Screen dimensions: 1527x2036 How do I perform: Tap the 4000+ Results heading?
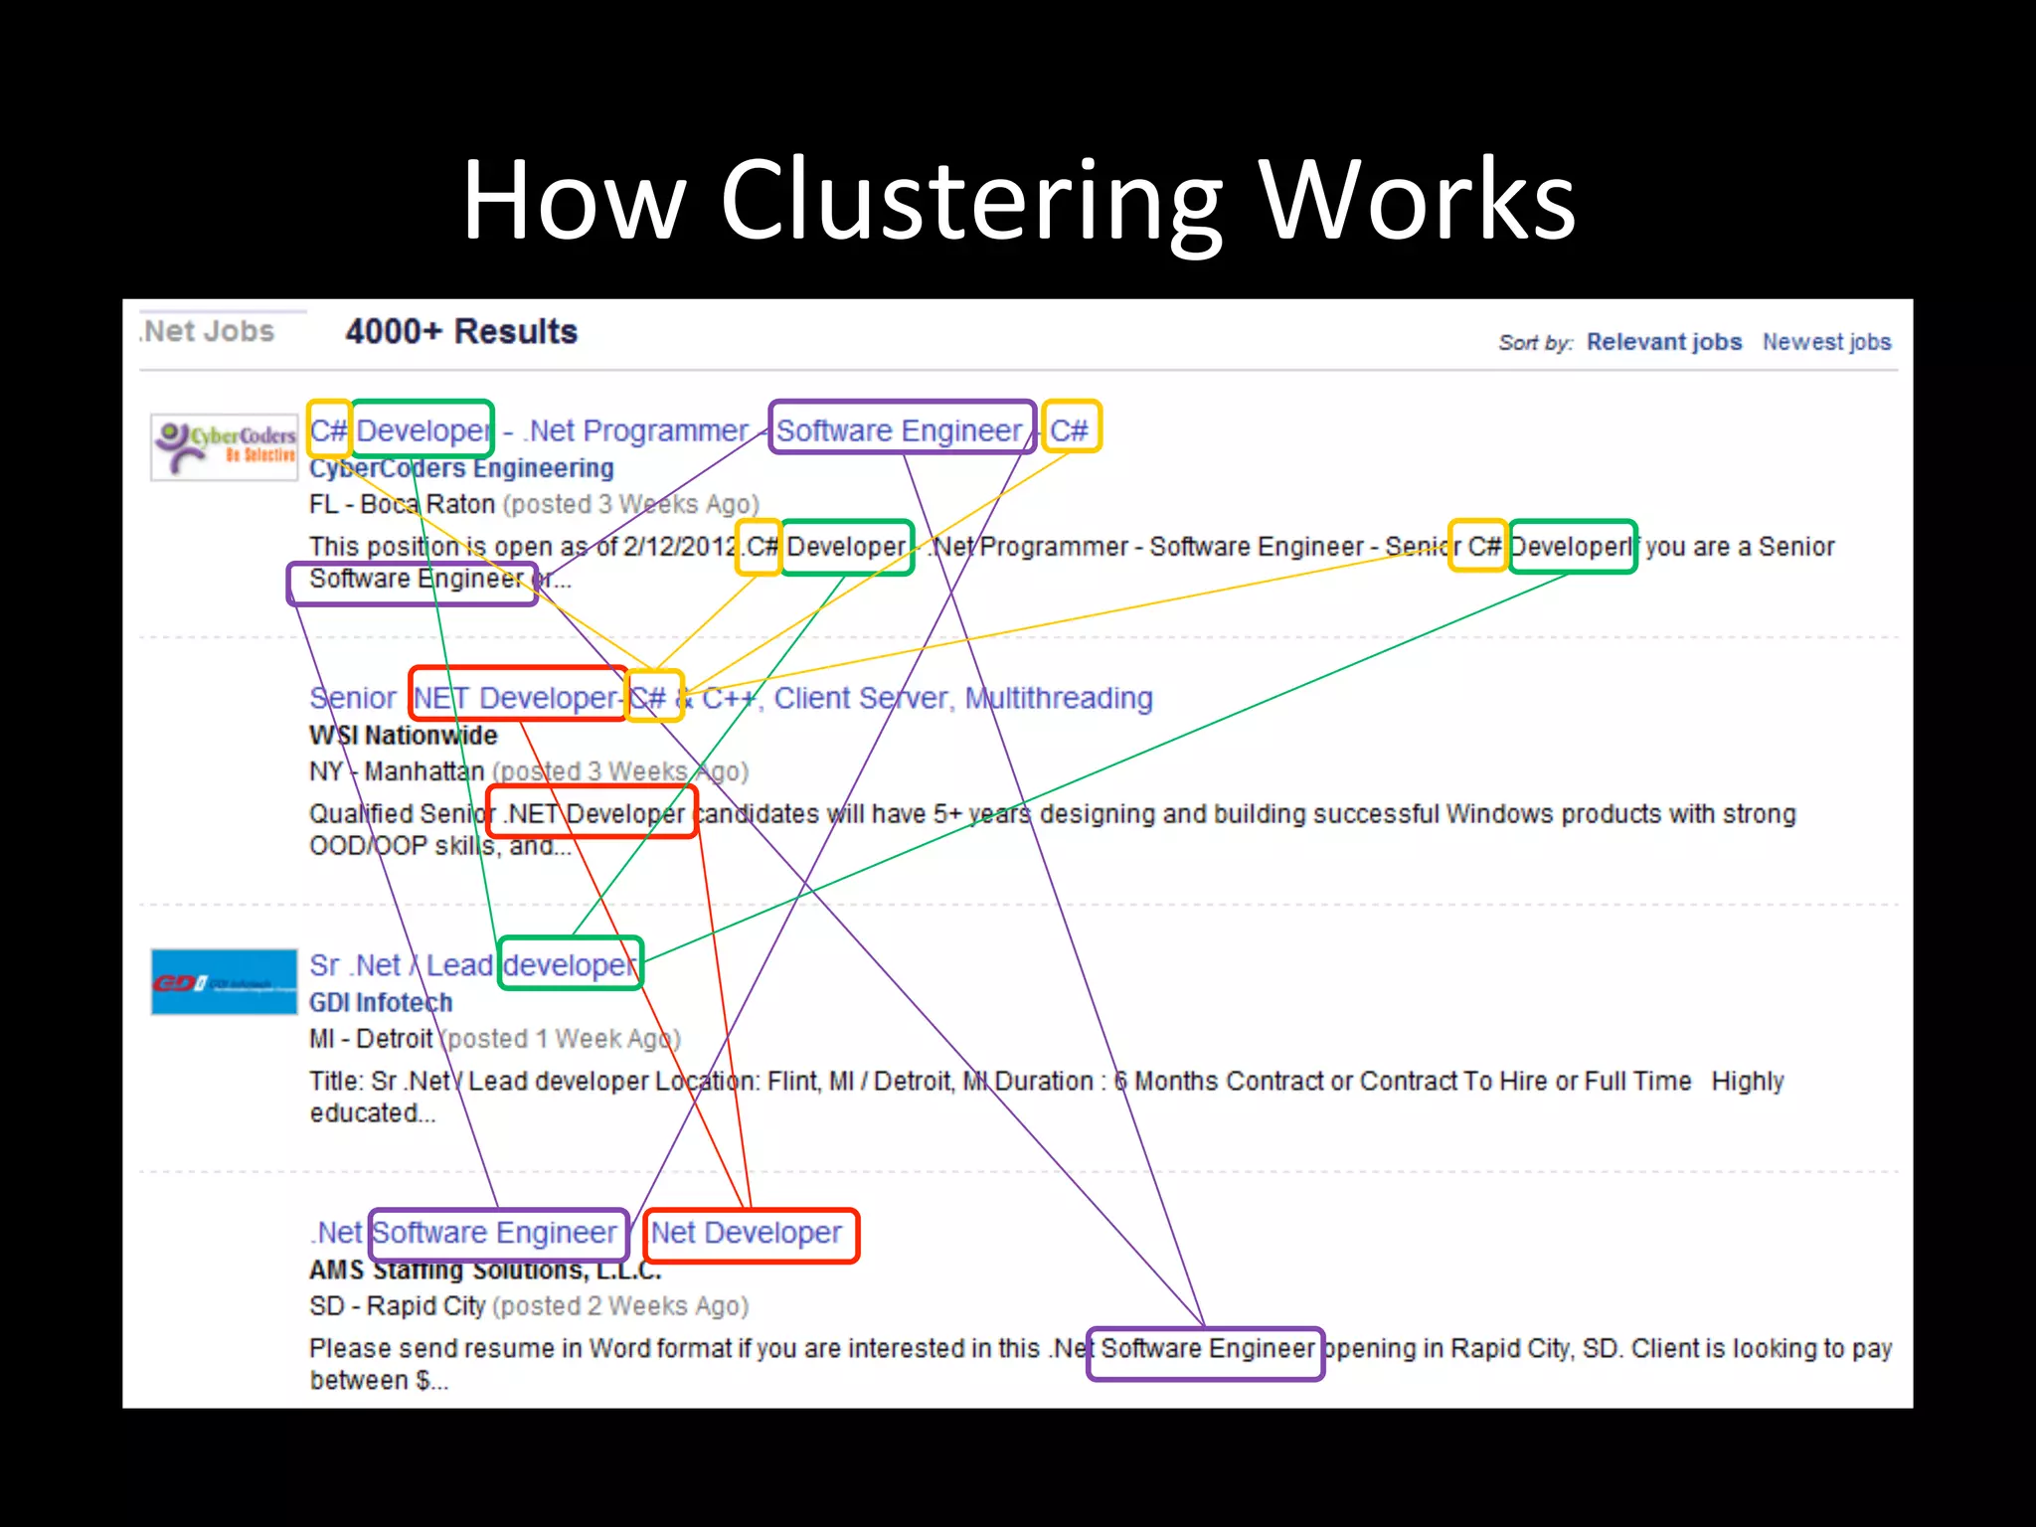(461, 331)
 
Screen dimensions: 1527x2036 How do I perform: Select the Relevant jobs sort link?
(1663, 342)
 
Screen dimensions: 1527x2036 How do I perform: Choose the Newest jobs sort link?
(1826, 342)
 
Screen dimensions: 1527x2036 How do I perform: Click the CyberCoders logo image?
(225, 447)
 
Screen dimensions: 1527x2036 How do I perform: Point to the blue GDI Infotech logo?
(224, 982)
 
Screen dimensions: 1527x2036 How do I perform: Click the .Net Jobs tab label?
(208, 331)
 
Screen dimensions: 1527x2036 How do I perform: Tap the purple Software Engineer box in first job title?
(901, 429)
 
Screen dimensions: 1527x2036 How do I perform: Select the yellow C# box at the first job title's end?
(1071, 429)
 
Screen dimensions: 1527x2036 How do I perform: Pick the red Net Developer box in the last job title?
(751, 1234)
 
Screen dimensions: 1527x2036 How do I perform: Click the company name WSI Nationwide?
(403, 736)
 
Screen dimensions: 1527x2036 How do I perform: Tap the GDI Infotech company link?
(381, 1002)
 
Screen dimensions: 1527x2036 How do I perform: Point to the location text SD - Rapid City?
(397, 1306)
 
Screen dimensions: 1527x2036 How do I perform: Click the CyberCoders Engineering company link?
(461, 468)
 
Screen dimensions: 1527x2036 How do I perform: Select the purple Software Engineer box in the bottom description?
(1206, 1350)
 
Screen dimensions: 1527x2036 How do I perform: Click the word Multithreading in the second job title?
(1059, 698)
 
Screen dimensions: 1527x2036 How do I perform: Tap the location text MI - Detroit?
(371, 1039)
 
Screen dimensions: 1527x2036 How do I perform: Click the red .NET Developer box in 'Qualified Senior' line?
(593, 813)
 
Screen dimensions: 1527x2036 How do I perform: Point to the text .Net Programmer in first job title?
(636, 430)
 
